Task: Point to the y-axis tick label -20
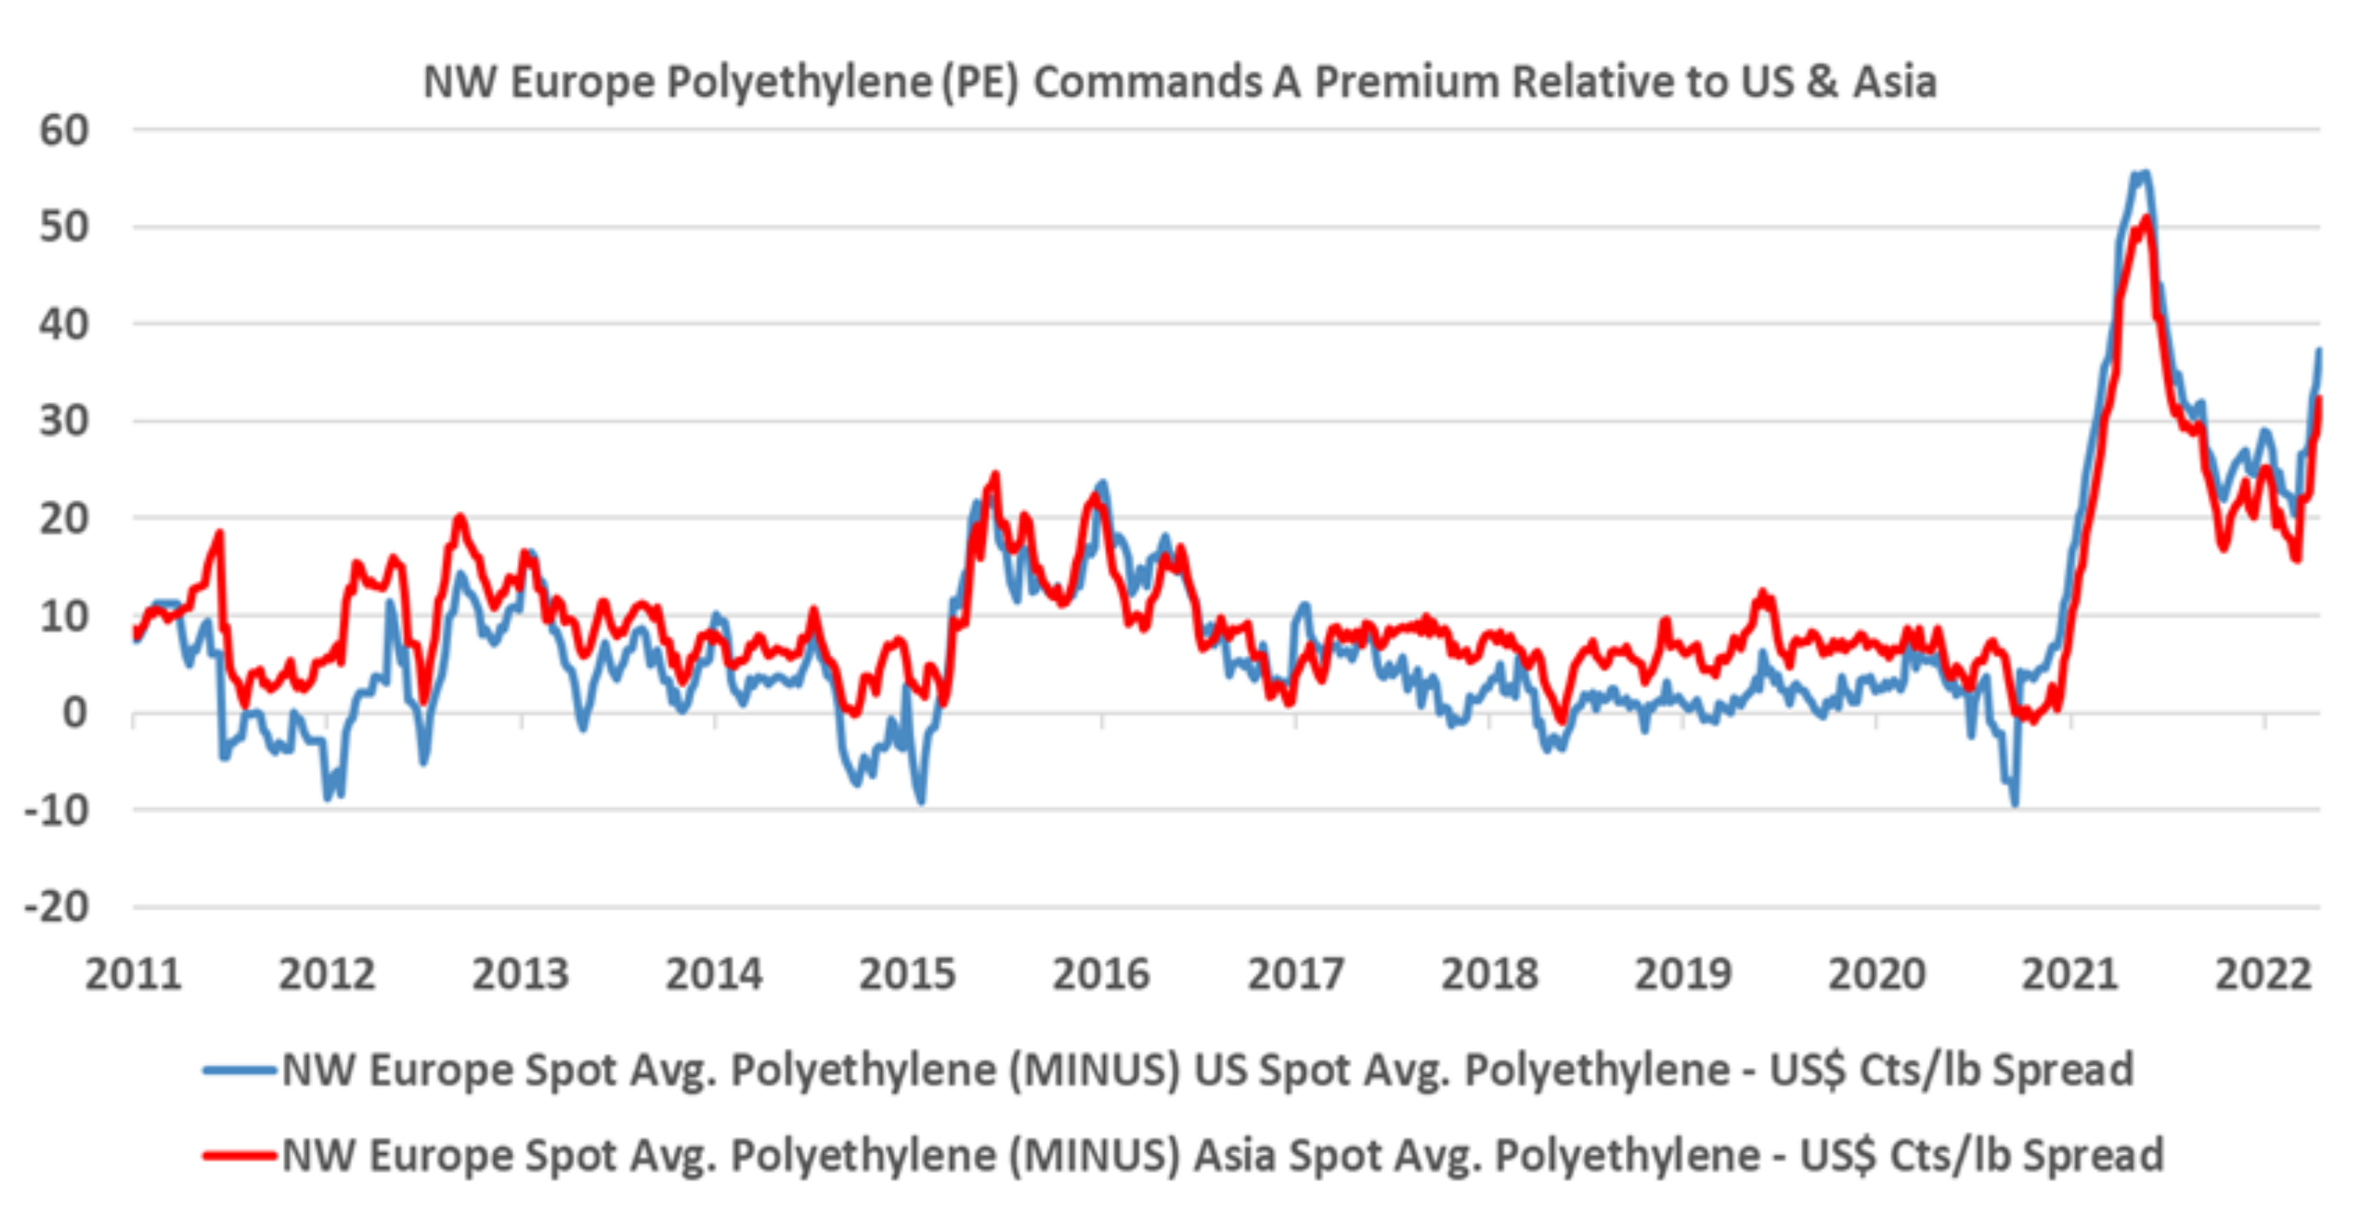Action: point(57,907)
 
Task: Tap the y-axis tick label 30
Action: point(64,421)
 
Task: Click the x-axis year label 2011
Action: point(134,974)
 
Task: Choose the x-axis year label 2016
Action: point(1101,974)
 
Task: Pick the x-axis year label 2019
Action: point(1683,974)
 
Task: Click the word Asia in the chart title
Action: point(1894,83)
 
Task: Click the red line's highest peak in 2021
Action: point(2147,218)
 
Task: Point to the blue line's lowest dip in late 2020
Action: point(2015,804)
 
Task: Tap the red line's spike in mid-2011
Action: point(219,532)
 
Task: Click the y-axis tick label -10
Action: point(57,810)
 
